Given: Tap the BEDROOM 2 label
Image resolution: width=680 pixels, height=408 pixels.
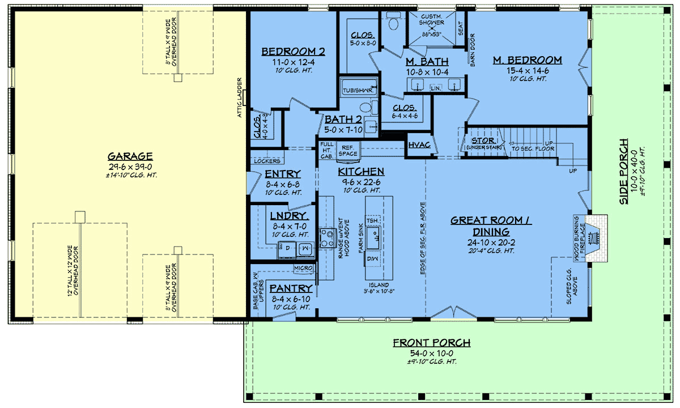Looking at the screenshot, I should pos(293,52).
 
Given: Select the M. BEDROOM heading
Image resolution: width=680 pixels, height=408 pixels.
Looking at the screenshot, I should pos(527,60).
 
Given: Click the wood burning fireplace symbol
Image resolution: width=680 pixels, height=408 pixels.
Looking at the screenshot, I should pos(594,239).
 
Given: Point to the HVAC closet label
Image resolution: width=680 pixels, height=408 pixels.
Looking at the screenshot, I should pos(419,146).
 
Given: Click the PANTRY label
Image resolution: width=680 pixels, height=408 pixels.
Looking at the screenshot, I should pos(291,288).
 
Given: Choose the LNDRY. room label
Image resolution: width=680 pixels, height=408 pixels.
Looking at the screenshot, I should pos(288,216).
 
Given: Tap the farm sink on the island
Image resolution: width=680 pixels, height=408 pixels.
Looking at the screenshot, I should pos(374,237).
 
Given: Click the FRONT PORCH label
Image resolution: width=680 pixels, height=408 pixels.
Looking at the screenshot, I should pos(431,342).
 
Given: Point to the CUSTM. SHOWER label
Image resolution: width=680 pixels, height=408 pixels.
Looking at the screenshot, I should pos(432,20).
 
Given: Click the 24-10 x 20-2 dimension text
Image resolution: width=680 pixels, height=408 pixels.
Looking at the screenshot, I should pos(491,242).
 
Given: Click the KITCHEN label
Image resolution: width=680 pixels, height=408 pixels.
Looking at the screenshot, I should pos(361,171).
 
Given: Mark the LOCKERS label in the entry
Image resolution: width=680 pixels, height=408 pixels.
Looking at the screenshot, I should pos(267,161).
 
